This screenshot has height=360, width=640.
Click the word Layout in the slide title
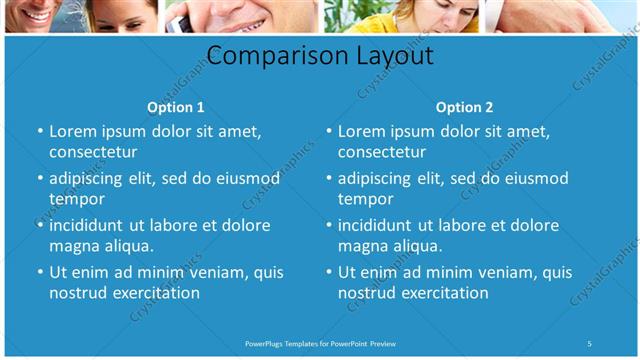392,55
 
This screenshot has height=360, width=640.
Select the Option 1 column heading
176,107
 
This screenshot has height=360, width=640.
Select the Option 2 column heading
465,107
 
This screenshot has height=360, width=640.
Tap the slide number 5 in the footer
590,344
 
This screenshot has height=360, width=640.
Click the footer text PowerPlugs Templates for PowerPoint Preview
320,344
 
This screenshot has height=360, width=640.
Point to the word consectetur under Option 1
93,152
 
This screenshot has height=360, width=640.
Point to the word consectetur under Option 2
382,152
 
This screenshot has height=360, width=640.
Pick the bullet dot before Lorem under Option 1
40,131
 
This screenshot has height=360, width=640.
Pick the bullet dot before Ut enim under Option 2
329,272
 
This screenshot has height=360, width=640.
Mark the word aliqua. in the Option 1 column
128,246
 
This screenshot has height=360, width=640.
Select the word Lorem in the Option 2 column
361,131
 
